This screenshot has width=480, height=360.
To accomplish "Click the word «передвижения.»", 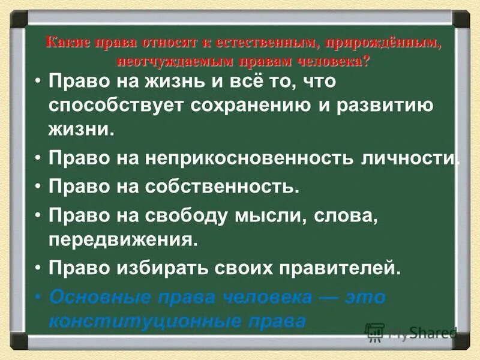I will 124,240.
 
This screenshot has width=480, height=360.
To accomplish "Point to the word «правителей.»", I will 341,268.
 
